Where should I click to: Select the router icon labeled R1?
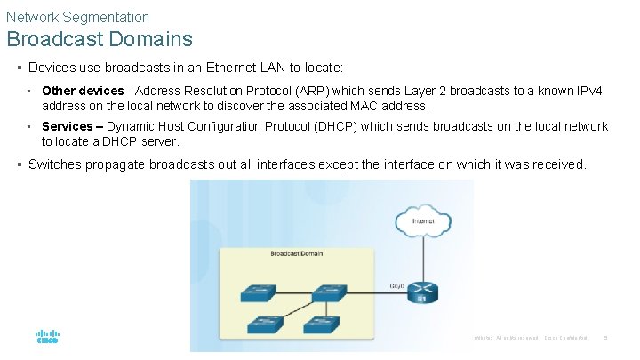point(422,291)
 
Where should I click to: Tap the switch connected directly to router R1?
point(330,292)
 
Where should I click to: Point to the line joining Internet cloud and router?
point(422,258)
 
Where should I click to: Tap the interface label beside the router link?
point(397,285)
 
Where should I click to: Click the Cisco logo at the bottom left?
point(47,337)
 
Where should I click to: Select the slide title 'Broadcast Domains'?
point(100,39)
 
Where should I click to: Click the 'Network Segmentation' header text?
point(77,17)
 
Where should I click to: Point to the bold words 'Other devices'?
point(83,91)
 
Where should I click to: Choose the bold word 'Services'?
point(68,126)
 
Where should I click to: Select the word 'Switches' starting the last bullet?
point(56,164)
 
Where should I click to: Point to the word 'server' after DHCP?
point(159,141)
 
